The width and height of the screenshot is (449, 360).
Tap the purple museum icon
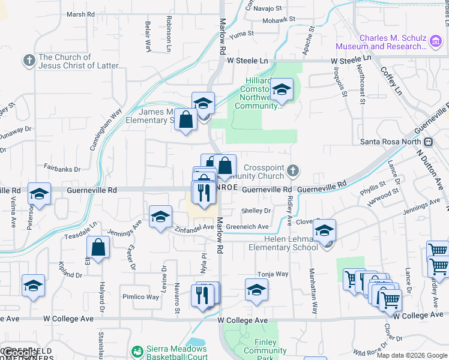(x=436, y=41)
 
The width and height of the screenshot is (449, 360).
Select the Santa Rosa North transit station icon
(x=429, y=142)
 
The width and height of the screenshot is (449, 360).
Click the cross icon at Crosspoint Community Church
(x=292, y=170)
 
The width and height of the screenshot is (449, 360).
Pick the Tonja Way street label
(x=273, y=274)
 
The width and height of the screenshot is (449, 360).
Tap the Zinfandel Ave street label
(x=194, y=227)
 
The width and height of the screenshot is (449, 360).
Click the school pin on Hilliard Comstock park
(x=281, y=91)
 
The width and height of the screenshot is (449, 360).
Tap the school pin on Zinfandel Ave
(x=160, y=218)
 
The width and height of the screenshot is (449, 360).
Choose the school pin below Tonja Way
(x=256, y=290)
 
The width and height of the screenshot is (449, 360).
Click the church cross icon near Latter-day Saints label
(x=28, y=61)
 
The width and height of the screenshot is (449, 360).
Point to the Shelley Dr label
(x=256, y=211)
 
